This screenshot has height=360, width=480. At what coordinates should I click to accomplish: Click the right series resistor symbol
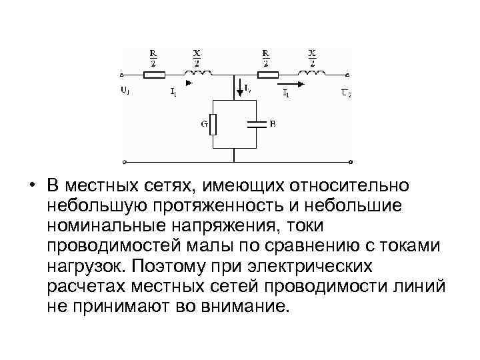tap(267, 75)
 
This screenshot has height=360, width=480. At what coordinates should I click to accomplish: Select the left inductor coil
tap(200, 73)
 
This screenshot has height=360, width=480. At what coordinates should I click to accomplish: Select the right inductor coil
tap(312, 73)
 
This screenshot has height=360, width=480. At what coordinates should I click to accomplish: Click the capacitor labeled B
tap(256, 124)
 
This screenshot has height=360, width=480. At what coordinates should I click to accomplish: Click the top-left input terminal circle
tap(123, 75)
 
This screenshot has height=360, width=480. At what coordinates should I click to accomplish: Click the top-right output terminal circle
tap(349, 75)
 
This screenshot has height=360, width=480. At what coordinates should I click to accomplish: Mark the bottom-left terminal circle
tap(123, 161)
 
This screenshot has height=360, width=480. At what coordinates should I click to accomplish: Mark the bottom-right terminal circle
tap(349, 161)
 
